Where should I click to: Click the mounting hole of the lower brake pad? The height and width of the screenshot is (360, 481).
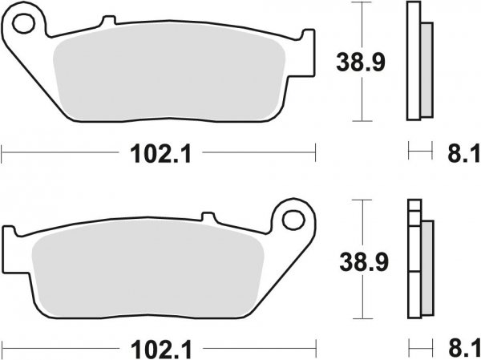(294, 219)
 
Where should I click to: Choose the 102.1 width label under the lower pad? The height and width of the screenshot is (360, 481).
(159, 350)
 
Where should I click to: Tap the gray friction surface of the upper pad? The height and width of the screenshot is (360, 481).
(168, 76)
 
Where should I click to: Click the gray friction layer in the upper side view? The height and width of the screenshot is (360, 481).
(426, 68)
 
